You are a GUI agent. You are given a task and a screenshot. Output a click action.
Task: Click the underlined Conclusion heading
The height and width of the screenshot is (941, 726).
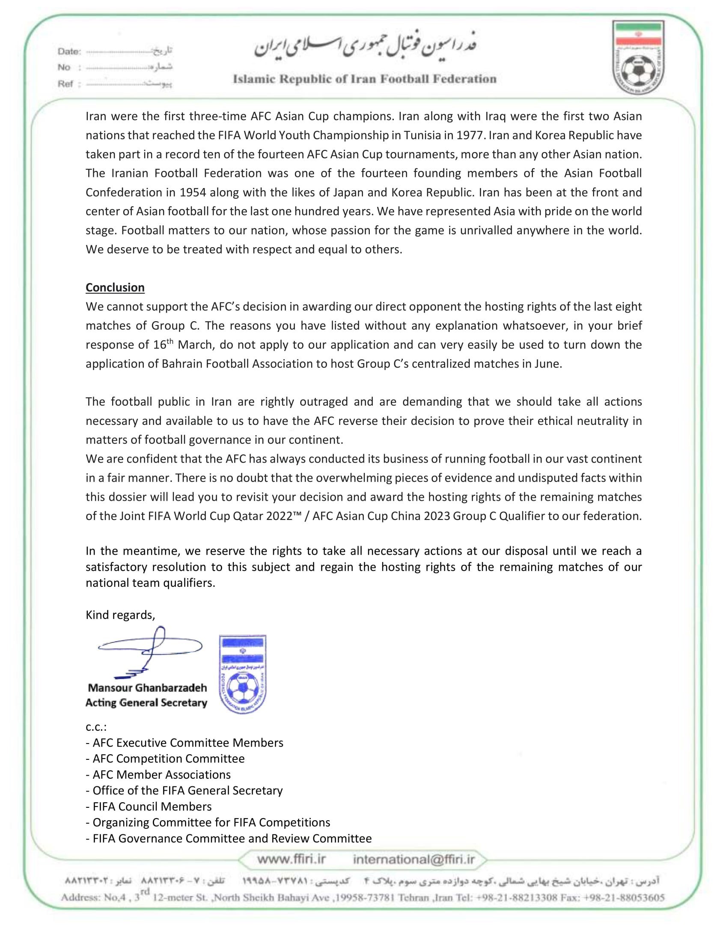[x=115, y=287]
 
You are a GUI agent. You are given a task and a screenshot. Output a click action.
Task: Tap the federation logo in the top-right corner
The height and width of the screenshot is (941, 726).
[x=638, y=57]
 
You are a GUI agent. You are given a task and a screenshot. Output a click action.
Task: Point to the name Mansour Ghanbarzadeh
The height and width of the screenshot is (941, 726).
[x=147, y=688]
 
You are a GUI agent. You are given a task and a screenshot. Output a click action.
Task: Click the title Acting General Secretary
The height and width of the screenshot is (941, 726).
[x=146, y=703]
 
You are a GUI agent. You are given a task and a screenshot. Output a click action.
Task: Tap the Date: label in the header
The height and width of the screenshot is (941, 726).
[x=69, y=52]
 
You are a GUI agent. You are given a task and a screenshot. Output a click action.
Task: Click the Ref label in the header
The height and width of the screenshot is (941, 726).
[x=65, y=84]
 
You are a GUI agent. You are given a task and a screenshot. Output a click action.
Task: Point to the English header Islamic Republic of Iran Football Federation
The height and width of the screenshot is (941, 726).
[x=364, y=79]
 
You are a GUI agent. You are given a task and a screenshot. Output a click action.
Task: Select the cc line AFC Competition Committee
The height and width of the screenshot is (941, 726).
[x=165, y=758]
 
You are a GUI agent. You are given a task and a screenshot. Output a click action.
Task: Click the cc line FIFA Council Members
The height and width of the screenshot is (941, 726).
[x=149, y=806]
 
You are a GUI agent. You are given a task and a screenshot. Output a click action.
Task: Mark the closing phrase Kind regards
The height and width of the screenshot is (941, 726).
[x=120, y=615]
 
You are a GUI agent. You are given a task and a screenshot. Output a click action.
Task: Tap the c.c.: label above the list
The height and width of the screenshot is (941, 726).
[x=96, y=727]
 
